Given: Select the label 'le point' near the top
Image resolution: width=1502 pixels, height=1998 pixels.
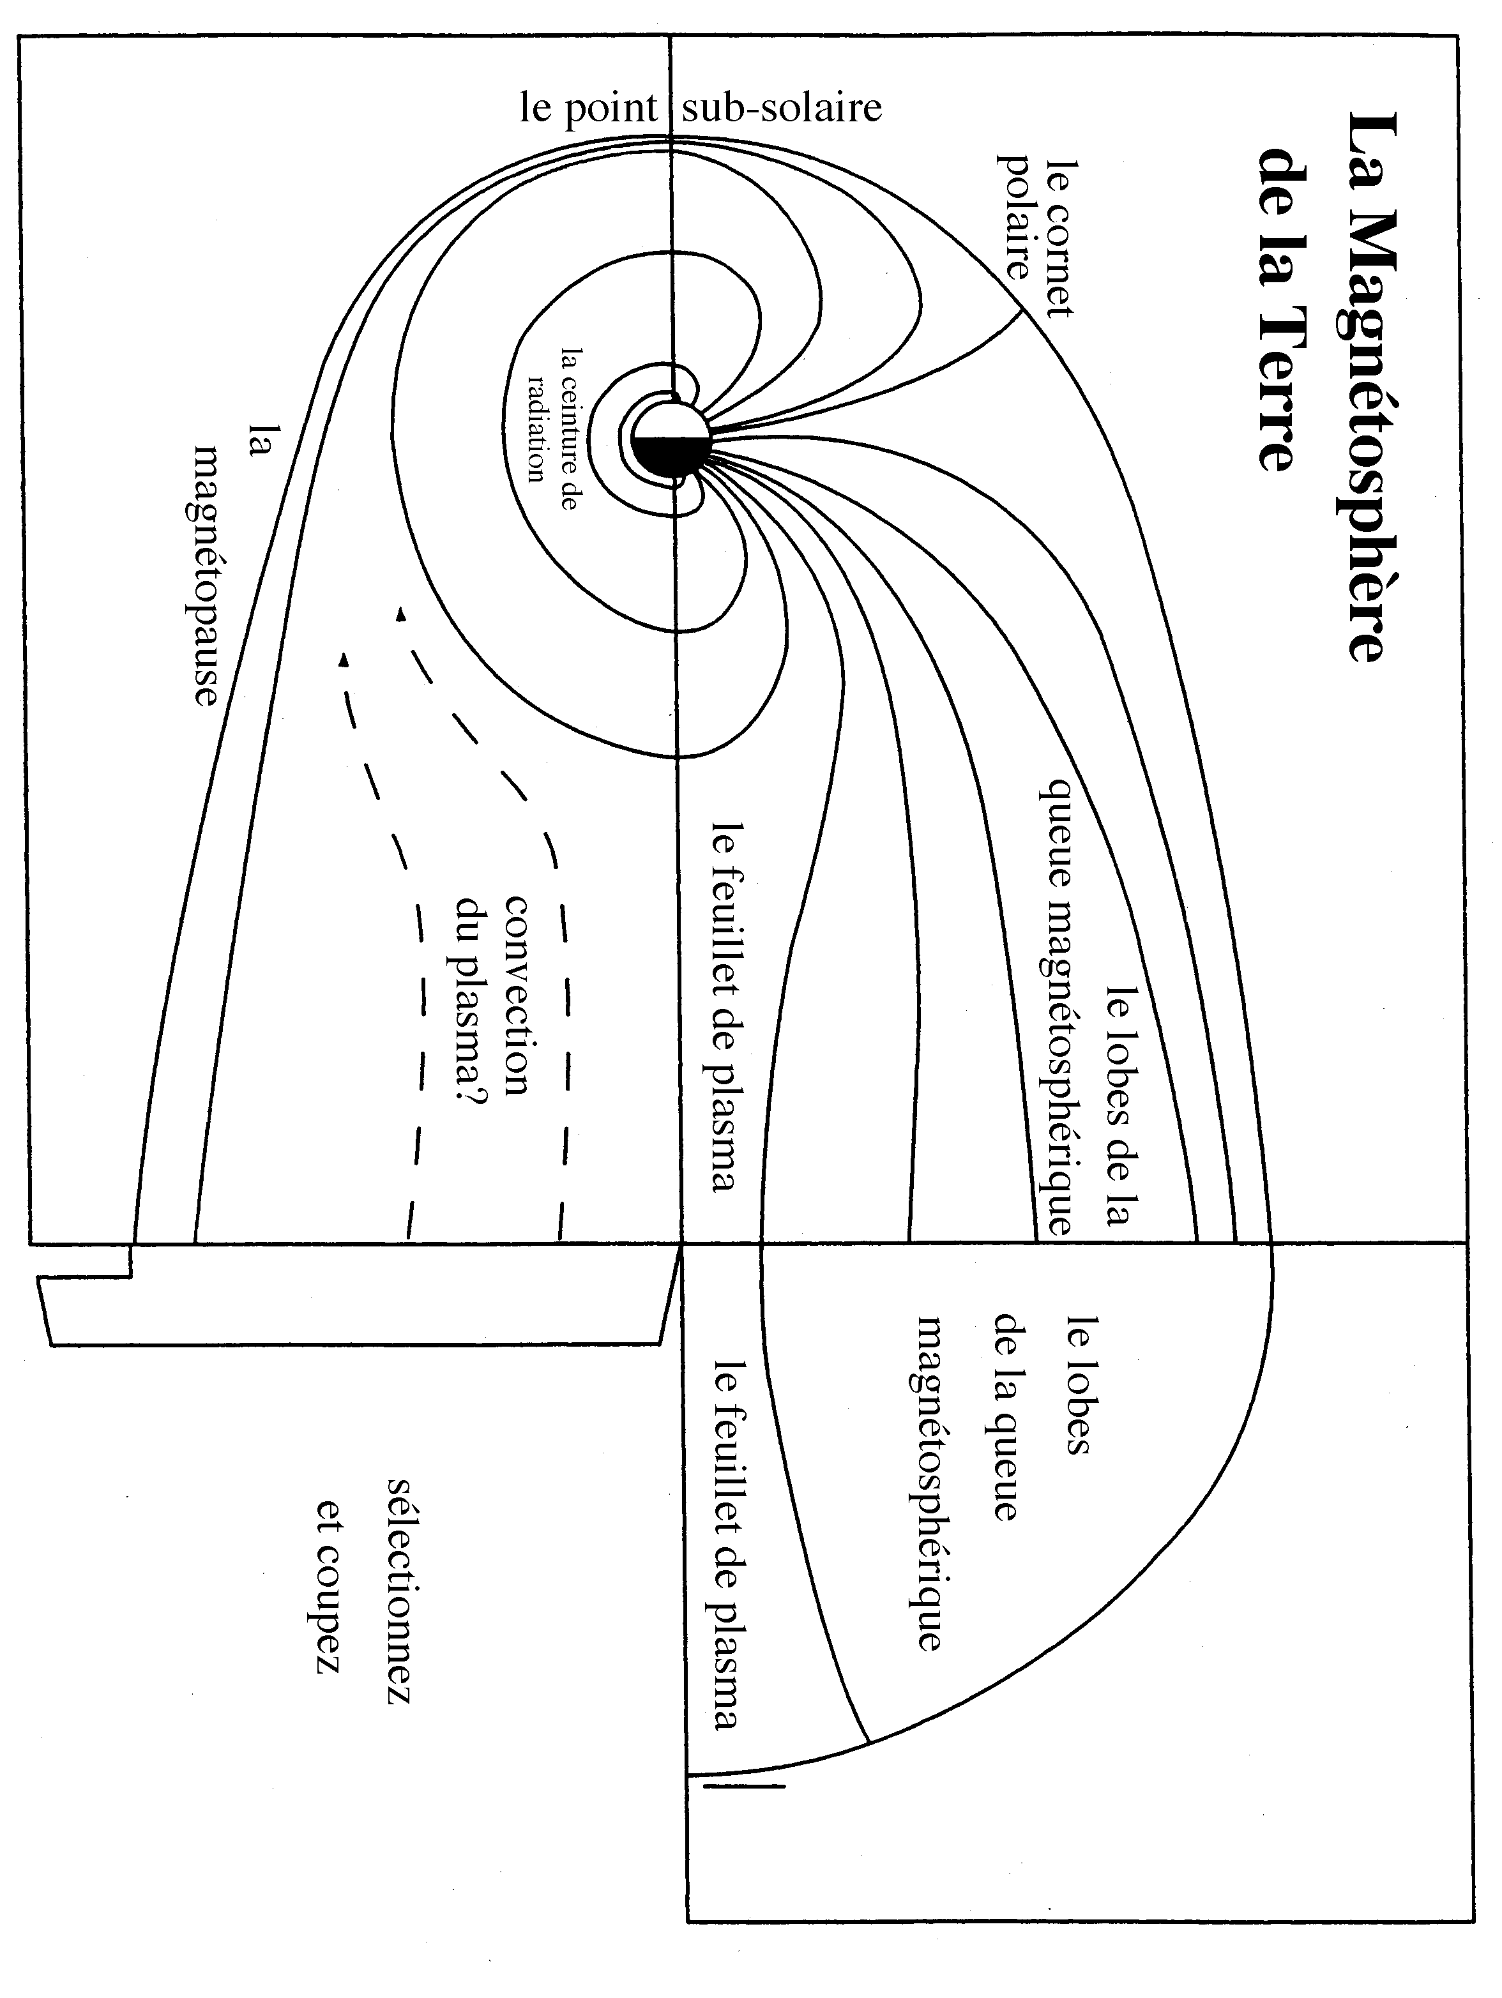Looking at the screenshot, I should (589, 109).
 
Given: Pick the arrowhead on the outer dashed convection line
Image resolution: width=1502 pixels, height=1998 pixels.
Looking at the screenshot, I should (342, 660).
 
